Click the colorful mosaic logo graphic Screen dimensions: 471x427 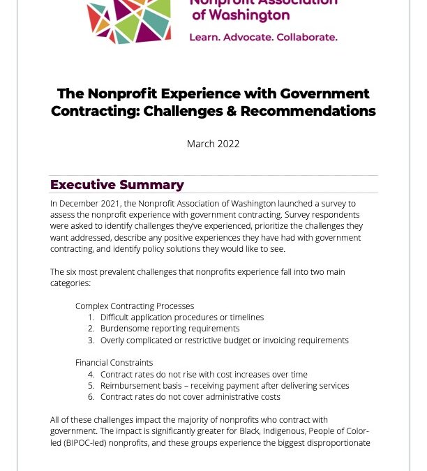[130, 21]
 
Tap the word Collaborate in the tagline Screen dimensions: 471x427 [308, 36]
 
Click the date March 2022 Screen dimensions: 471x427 [213, 144]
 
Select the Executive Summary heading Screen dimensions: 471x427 [117, 185]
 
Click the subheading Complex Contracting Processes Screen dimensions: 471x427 [135, 306]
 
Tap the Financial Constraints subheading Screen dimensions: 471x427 [114, 363]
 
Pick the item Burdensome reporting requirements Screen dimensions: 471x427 [170, 329]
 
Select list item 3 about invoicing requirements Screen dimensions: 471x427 [223, 340]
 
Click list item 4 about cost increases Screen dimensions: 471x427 [203, 374]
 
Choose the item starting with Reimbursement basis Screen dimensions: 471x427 [224, 385]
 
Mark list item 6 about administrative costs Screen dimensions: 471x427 [190, 397]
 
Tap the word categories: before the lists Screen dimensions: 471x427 [70, 283]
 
